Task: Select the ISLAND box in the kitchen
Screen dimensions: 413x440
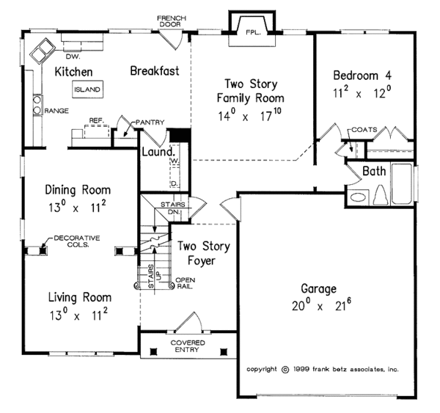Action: pyautogui.click(x=87, y=89)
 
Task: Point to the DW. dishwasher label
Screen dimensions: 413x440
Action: pyautogui.click(x=73, y=56)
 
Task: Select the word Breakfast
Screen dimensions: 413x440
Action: pyautogui.click(x=155, y=71)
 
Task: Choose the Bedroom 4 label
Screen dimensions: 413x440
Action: pyautogui.click(x=364, y=76)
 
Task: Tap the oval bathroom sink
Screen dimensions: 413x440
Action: pyautogui.click(x=358, y=197)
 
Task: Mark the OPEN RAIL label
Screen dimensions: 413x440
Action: pyautogui.click(x=184, y=283)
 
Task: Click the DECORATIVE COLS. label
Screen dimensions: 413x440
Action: pyautogui.click(x=70, y=242)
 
